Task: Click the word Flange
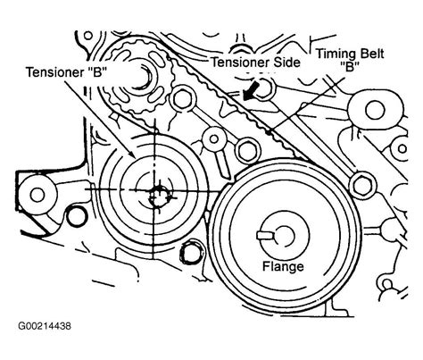tap(283, 266)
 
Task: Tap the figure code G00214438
tap(45, 326)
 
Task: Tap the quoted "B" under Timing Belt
tap(350, 66)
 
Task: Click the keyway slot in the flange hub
tap(266, 236)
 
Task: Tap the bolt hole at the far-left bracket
tap(37, 195)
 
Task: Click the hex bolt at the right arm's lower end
tap(362, 185)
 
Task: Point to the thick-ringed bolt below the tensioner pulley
tap(191, 254)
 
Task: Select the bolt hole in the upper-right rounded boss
tap(376, 110)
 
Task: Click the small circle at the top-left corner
tap(88, 36)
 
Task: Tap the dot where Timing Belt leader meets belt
tap(270, 133)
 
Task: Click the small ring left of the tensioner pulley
tap(75, 216)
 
